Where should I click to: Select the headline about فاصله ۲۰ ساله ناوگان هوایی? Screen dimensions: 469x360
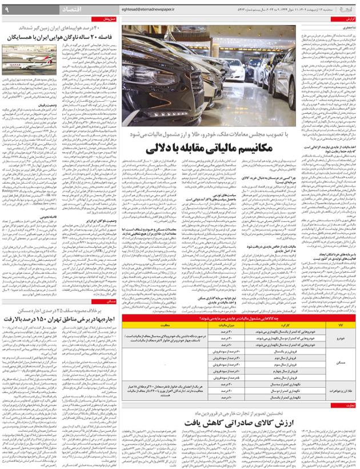[61, 37]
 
